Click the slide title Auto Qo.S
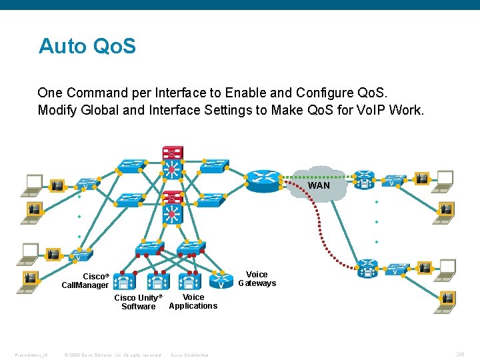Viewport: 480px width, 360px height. (87, 46)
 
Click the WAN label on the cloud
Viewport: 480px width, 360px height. (319, 185)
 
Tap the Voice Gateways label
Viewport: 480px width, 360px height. (257, 279)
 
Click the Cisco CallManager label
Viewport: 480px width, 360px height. (85, 281)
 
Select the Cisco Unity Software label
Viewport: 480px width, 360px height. (138, 302)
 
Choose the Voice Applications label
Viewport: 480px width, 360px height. (193, 301)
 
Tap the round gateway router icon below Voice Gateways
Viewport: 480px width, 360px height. (220, 282)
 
